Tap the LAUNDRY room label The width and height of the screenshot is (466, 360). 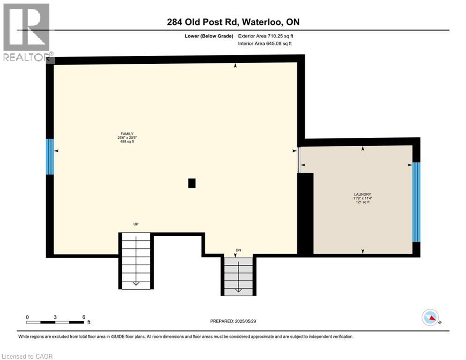click(x=362, y=195)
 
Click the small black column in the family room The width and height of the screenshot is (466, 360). click(x=192, y=183)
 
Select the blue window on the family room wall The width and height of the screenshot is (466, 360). click(x=50, y=157)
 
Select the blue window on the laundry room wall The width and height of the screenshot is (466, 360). click(x=416, y=202)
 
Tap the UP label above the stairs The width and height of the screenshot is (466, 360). click(x=136, y=225)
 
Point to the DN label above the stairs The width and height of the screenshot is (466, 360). click(x=238, y=250)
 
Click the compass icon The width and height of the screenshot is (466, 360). click(x=430, y=318)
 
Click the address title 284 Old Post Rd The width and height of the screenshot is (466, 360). click(x=233, y=22)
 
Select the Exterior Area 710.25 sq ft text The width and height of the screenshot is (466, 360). click(x=266, y=36)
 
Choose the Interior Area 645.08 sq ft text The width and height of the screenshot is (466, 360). click(x=266, y=44)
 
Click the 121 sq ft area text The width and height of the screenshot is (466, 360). click(x=362, y=202)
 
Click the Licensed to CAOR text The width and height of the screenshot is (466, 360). click(x=28, y=356)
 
